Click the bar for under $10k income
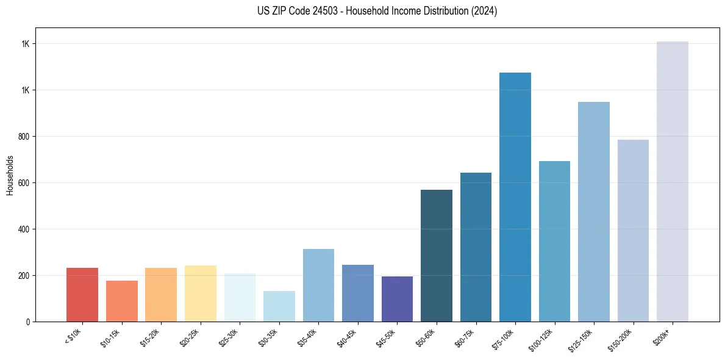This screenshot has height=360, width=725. pyautogui.click(x=82, y=295)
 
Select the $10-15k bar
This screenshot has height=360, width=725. pyautogui.click(x=122, y=301)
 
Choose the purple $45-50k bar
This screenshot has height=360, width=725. pyautogui.click(x=397, y=299)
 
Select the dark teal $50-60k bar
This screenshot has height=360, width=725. pyautogui.click(x=437, y=256)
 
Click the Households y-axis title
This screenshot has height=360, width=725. pyautogui.click(x=10, y=175)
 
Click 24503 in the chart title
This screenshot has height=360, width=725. pyautogui.click(x=325, y=11)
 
